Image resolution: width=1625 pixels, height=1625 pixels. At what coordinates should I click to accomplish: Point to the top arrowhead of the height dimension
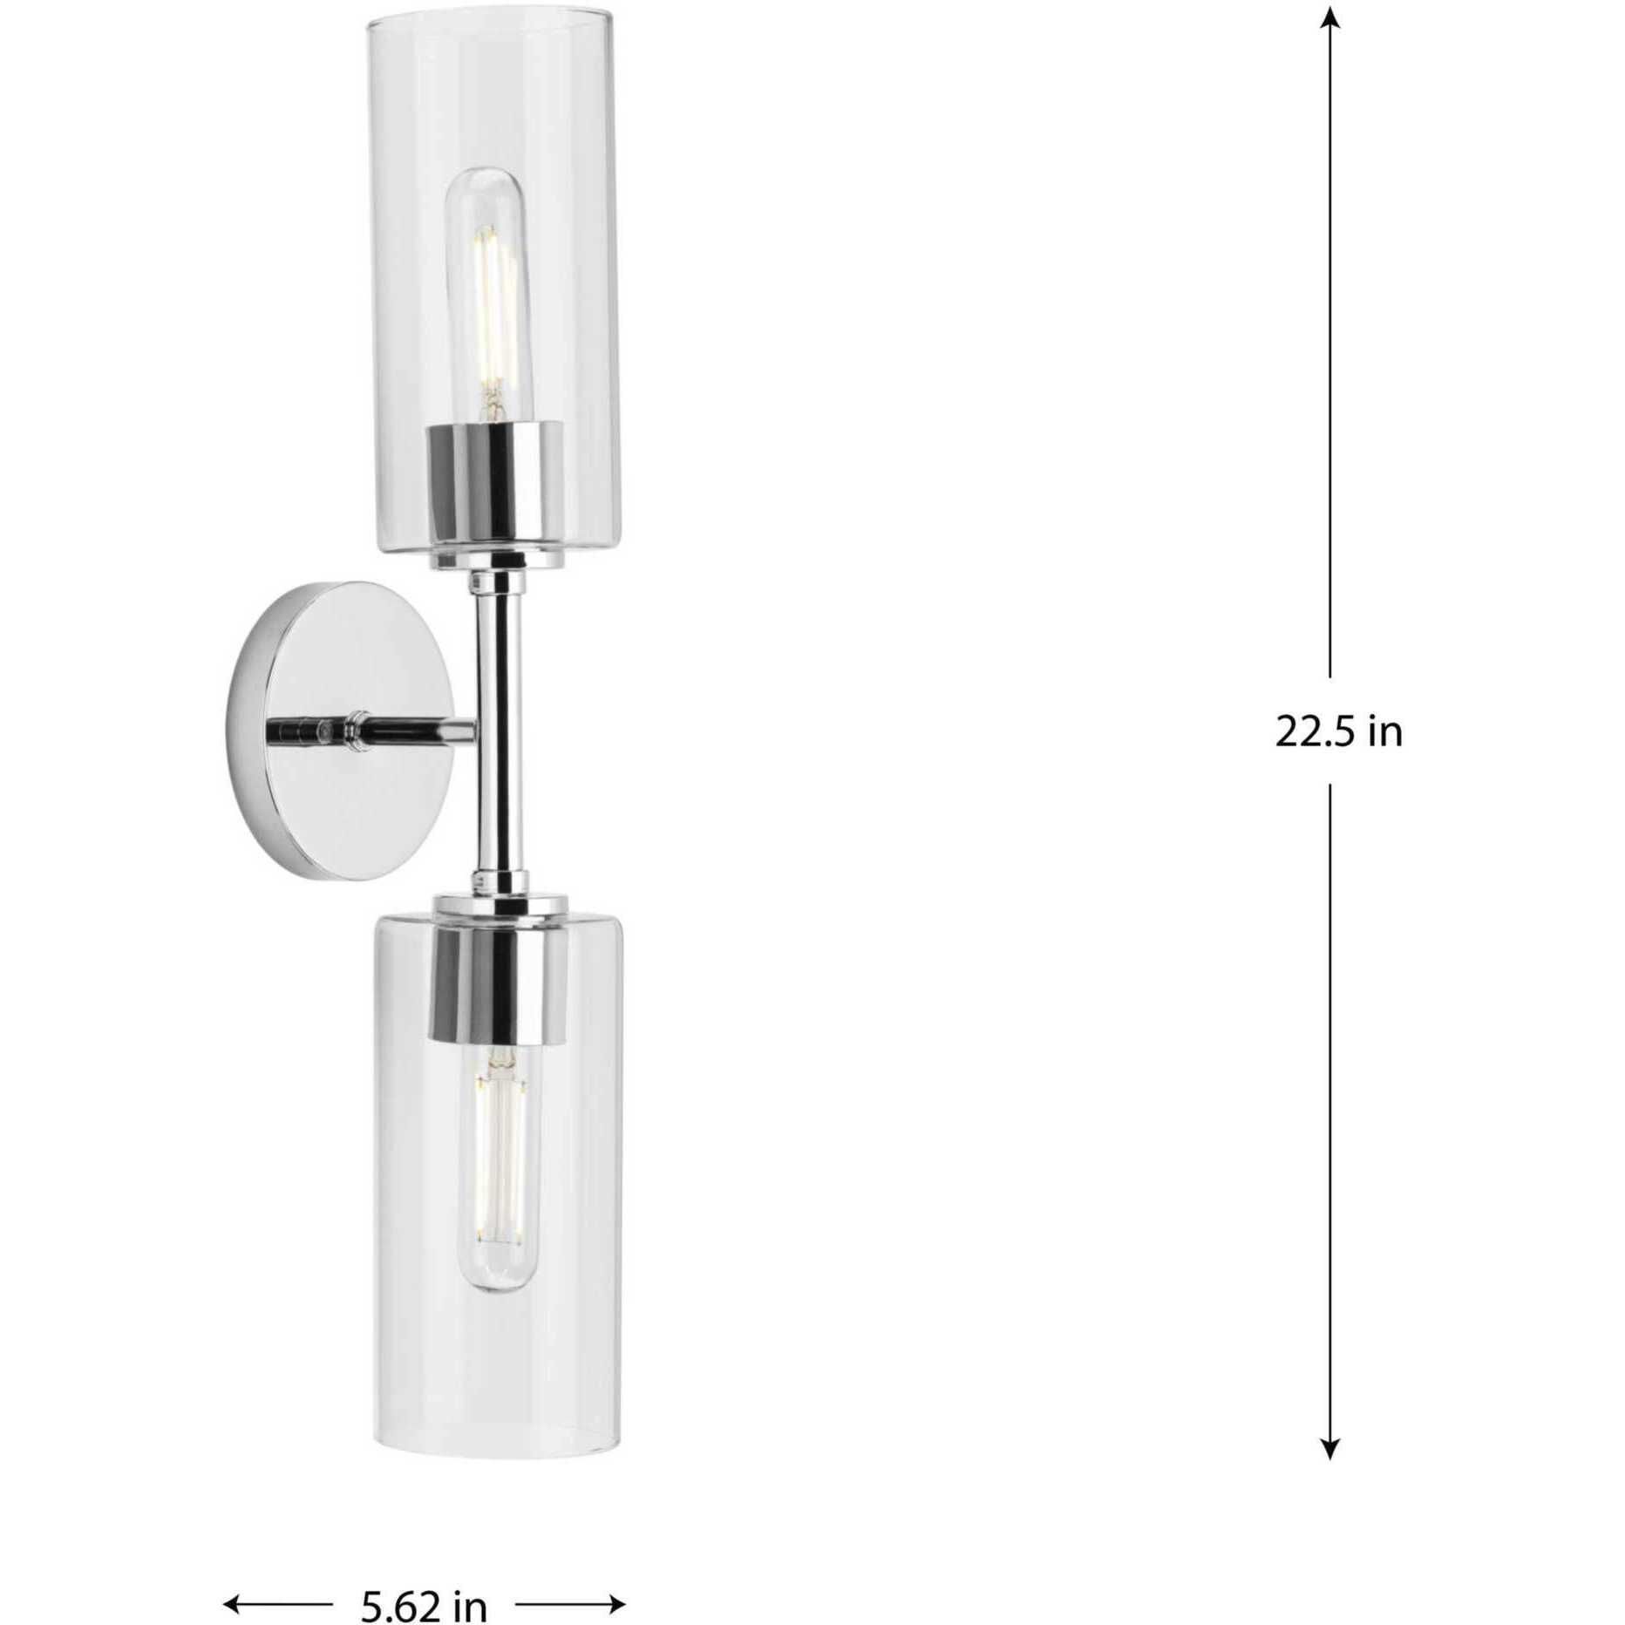(1329, 19)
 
